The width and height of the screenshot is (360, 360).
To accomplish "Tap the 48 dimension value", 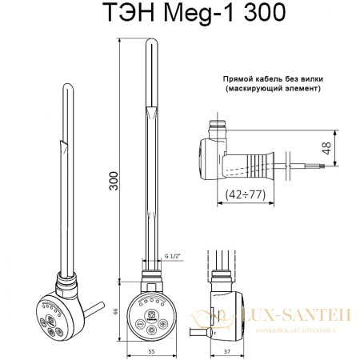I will (348, 150).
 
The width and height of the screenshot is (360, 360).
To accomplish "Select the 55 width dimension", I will (150, 350).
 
